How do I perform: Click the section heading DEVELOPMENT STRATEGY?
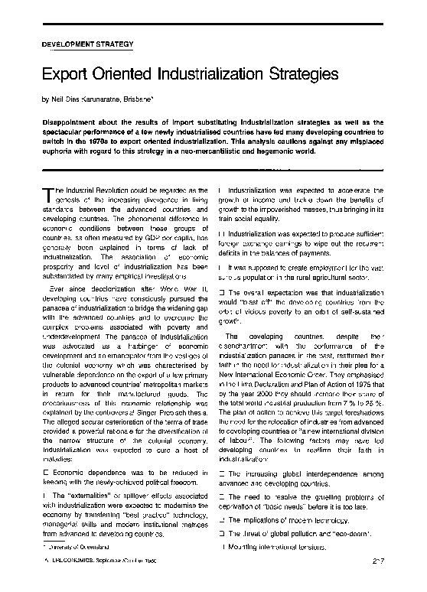pyautogui.click(x=87, y=44)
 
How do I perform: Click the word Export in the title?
pyautogui.click(x=64, y=75)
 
